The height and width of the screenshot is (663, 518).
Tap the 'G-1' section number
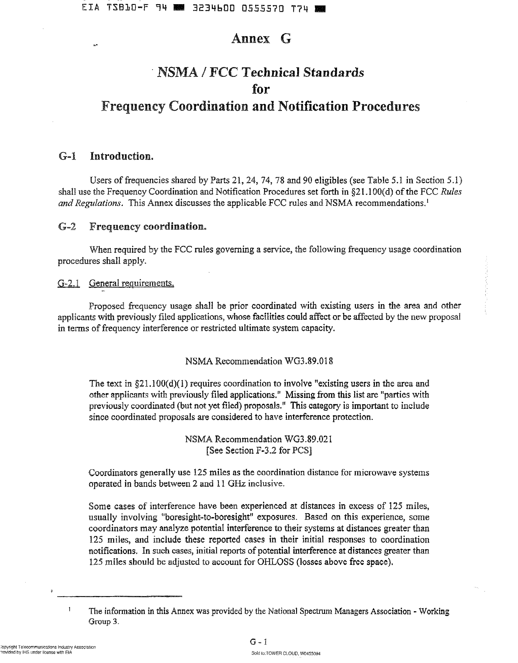(x=67, y=156)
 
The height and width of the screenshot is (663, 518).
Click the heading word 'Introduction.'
(x=121, y=156)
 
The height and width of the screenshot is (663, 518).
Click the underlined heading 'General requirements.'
(x=131, y=283)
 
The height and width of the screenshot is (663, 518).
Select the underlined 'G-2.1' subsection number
(x=68, y=283)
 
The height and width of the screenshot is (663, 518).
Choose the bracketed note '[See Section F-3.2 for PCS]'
(x=259, y=450)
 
